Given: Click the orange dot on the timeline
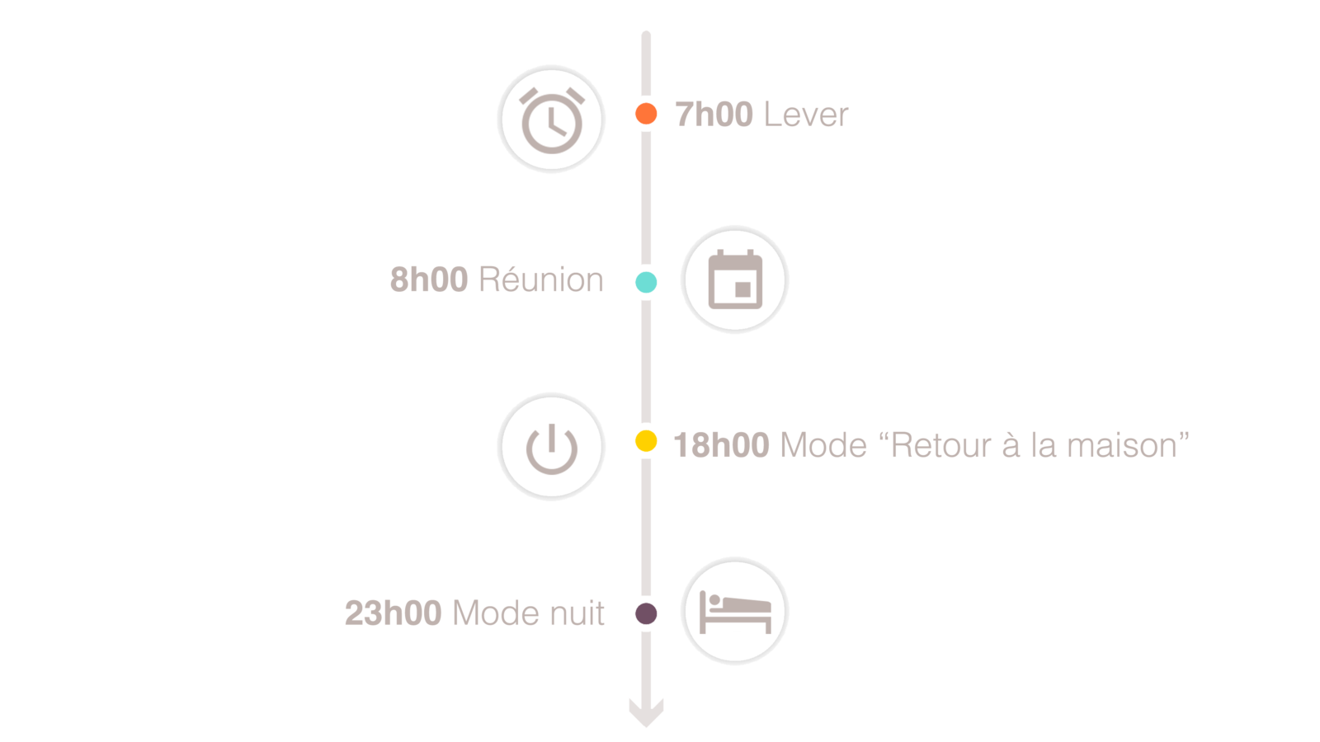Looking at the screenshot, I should tap(646, 114).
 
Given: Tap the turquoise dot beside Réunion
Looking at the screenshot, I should tap(646, 282).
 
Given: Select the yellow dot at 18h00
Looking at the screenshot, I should tap(646, 442).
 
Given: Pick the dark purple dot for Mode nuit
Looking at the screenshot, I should tap(646, 613).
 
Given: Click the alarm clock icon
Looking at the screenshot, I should tap(551, 119).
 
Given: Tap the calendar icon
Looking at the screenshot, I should tap(734, 279).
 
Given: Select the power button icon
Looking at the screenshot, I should tap(551, 447).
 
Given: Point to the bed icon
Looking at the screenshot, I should tap(734, 612).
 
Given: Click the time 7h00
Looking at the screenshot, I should tap(714, 115).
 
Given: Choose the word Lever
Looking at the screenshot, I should tap(806, 115).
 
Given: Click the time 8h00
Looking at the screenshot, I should tap(429, 280).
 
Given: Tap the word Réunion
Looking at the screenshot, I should tap(541, 280).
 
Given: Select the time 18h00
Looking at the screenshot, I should tap(721, 446).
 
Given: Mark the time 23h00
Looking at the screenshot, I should tap(393, 613).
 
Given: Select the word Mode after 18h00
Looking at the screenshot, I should tap(823, 446).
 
